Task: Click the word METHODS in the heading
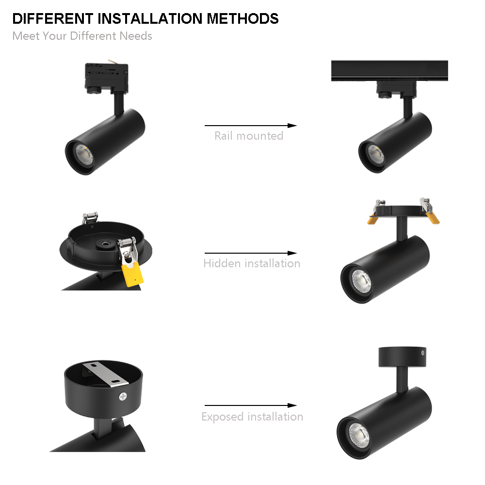tap(242, 19)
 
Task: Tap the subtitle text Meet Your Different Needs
tap(82, 36)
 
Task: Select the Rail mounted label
tap(249, 136)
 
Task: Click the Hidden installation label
tap(252, 263)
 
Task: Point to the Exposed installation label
tap(252, 417)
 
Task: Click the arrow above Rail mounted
tap(250, 126)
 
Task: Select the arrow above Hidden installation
tap(250, 253)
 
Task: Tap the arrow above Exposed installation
tap(250, 405)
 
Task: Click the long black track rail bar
tap(389, 70)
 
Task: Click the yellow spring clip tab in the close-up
tap(132, 274)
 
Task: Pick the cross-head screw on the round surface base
tap(122, 396)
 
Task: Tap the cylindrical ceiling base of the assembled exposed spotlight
tap(402, 357)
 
